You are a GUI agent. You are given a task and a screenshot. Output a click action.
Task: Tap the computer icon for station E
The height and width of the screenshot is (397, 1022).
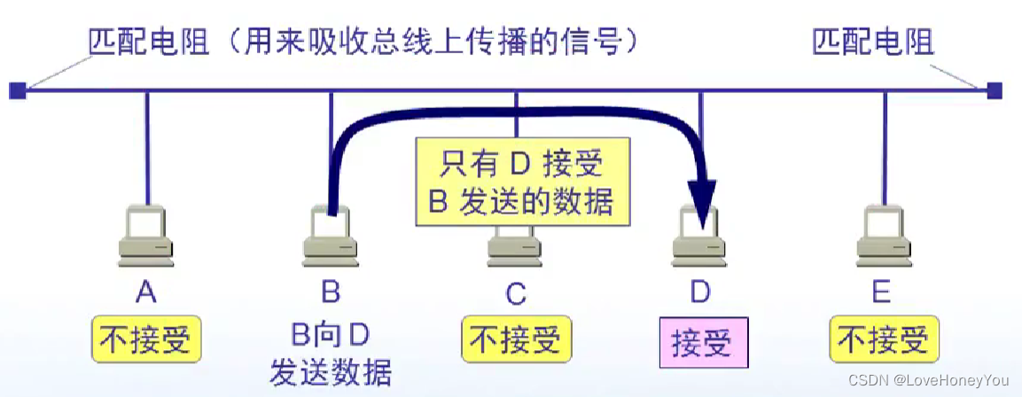point(884,235)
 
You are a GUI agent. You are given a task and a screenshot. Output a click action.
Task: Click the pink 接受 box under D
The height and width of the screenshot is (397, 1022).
point(701,342)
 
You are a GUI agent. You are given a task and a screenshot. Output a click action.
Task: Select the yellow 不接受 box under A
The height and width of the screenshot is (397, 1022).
point(145,340)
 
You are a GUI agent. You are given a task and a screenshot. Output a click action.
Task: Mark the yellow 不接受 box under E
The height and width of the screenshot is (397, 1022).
point(884,340)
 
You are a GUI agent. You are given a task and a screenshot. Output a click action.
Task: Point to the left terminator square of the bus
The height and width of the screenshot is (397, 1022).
point(17,90)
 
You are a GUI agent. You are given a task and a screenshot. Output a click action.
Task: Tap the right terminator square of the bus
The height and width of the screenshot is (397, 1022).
point(995,90)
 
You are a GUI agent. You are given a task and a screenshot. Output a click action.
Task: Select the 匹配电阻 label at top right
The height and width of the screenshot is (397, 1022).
point(872,42)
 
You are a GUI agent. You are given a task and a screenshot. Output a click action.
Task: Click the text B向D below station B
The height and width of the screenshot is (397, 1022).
point(330,335)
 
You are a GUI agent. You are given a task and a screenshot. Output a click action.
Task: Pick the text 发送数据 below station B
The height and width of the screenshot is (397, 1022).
point(330,370)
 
